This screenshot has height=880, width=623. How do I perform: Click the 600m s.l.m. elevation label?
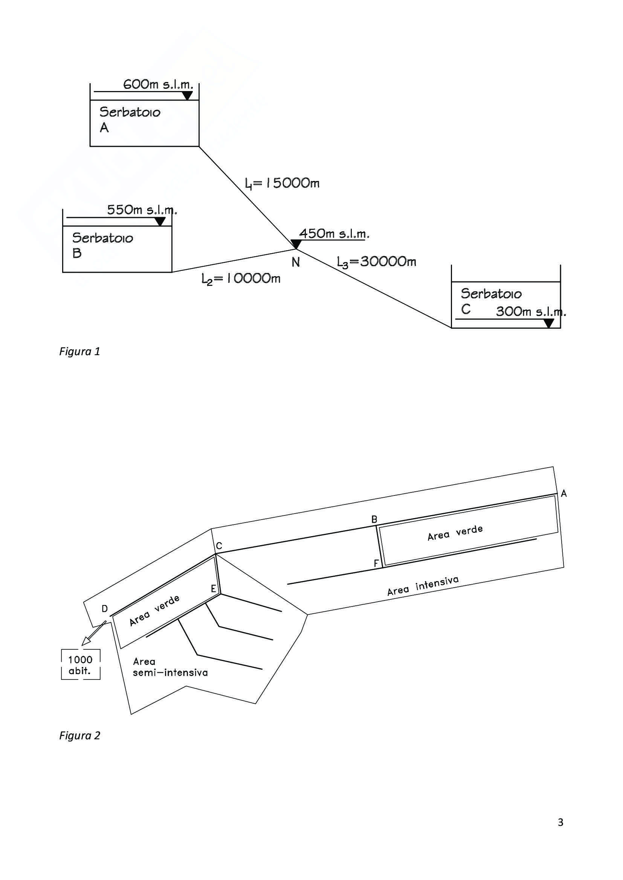158,84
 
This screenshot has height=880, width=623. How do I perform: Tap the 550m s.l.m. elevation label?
142,210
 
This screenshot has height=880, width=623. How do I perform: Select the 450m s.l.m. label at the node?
334,233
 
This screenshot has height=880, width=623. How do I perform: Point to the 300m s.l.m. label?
531,312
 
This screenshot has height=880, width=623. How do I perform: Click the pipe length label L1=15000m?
282,184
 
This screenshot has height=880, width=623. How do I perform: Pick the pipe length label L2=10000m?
241,279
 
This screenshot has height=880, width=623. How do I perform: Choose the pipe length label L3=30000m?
377,262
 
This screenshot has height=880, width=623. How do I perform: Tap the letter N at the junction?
295,262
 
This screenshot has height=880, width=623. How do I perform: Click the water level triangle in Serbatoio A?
187,96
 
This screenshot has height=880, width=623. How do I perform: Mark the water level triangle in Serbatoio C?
549,323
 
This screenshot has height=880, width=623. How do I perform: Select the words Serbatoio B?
103,245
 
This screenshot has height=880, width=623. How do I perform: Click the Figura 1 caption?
80,351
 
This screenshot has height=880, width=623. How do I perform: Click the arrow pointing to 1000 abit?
94,633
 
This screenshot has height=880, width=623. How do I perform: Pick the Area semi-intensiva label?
170,667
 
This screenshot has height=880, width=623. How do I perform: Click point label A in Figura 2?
563,494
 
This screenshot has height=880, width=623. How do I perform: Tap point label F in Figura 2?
376,564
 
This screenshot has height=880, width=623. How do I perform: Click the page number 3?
560,822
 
